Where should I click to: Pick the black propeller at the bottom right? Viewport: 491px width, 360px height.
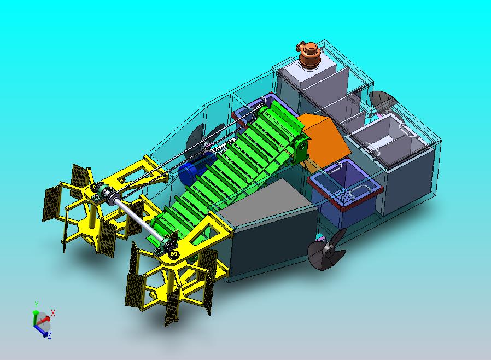327,249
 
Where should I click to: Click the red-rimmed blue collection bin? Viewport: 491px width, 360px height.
344,192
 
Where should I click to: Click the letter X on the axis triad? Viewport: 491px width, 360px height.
53,313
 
